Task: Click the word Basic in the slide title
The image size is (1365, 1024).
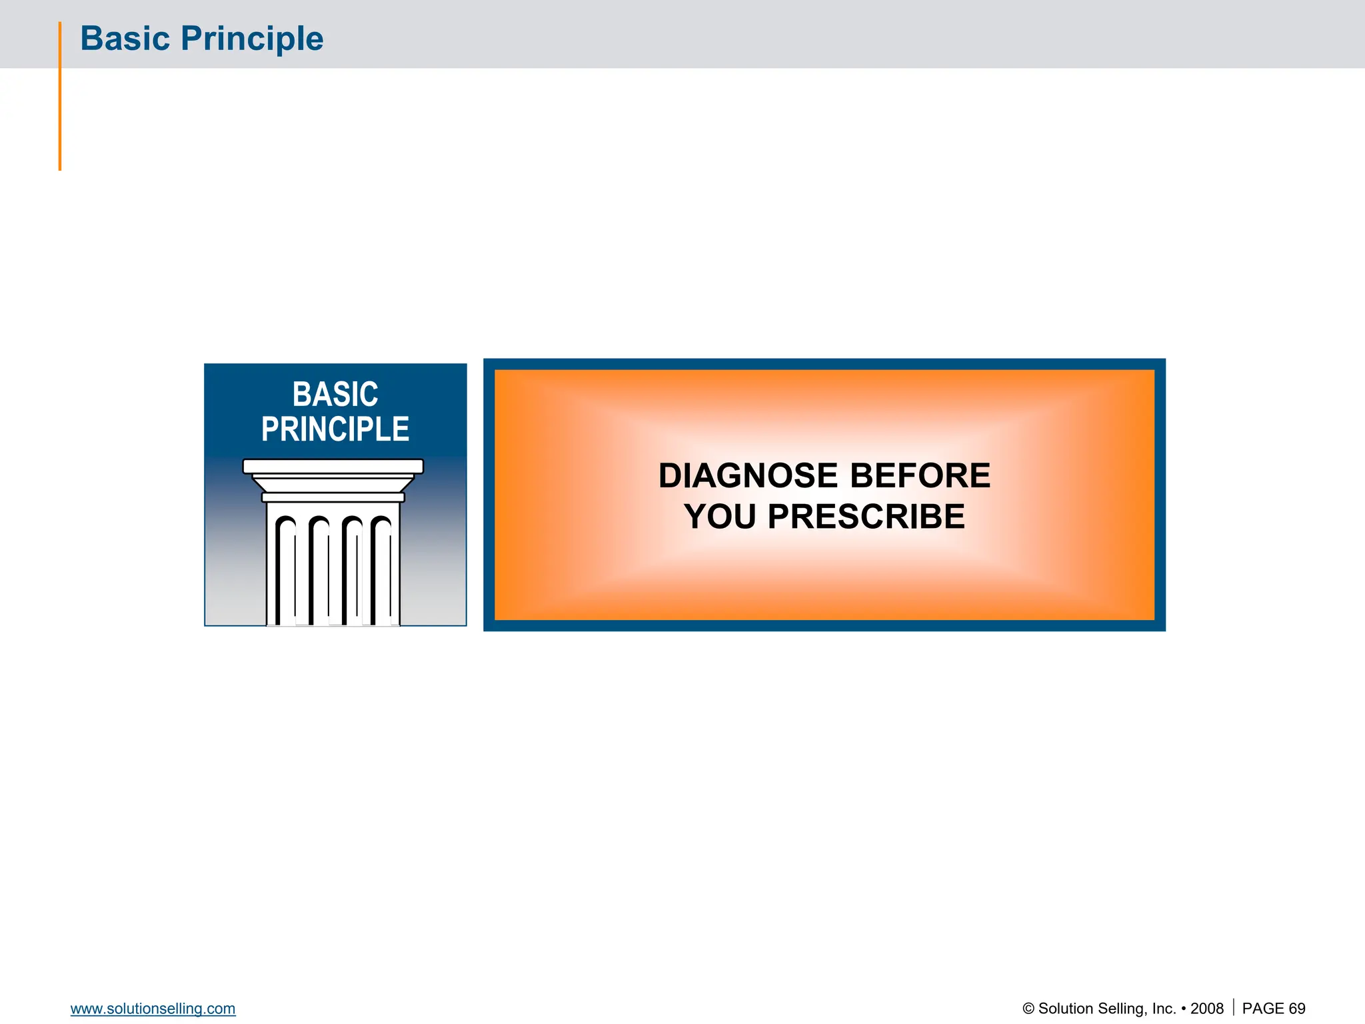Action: [125, 39]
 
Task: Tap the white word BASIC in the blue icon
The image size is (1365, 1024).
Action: [335, 394]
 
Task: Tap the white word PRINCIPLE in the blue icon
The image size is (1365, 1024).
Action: [335, 429]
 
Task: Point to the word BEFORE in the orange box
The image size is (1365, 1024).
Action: [920, 476]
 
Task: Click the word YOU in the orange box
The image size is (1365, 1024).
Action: [720, 517]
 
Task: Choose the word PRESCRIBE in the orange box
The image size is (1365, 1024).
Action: [866, 517]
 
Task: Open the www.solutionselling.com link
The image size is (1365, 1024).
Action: [153, 1009]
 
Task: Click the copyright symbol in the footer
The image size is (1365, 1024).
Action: [1028, 1009]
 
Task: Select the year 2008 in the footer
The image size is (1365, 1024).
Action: [1207, 1009]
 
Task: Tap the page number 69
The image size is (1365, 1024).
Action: [1297, 1009]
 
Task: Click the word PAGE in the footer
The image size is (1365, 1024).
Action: [1263, 1009]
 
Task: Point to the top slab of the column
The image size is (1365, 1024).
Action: [333, 466]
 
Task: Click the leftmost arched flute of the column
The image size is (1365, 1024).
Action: [286, 567]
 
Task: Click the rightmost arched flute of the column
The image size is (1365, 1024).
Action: [381, 567]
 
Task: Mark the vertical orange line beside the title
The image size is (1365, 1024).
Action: [60, 97]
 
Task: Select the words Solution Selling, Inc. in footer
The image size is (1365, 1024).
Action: [1106, 1009]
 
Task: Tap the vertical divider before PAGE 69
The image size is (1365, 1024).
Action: [1234, 1007]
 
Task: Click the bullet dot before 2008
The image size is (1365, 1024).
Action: [1183, 1009]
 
